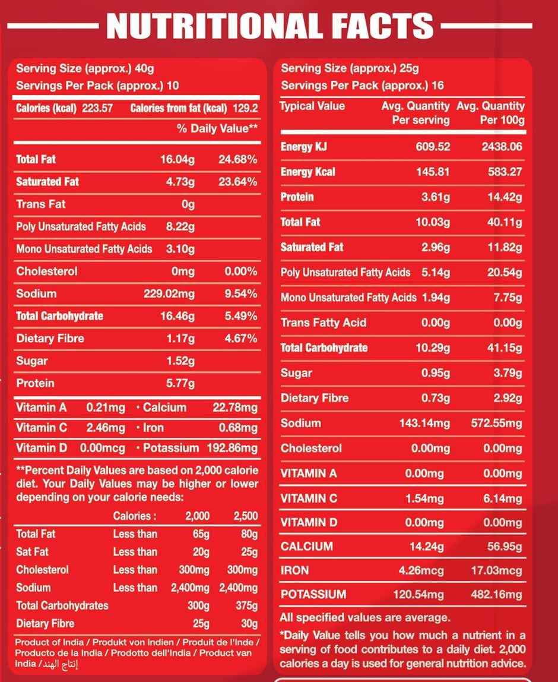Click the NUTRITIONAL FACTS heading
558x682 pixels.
(x=270, y=27)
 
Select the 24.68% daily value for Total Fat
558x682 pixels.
(x=237, y=159)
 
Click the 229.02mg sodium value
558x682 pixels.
(x=169, y=293)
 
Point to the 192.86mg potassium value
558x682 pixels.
(x=232, y=448)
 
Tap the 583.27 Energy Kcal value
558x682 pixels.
(x=504, y=172)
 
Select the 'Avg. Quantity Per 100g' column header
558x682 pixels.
(x=491, y=113)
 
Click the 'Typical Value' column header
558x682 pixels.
(x=312, y=106)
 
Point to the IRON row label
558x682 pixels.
(x=295, y=571)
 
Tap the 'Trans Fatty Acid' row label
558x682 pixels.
(x=324, y=323)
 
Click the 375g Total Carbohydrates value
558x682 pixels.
(x=246, y=606)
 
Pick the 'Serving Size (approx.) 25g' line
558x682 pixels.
(x=350, y=68)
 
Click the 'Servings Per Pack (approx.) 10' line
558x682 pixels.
(x=97, y=86)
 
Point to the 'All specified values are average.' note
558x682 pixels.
(x=364, y=618)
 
